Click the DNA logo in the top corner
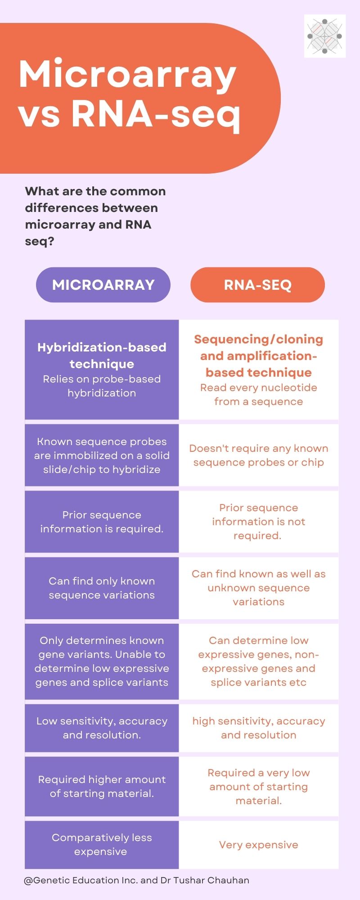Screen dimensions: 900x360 [324, 36]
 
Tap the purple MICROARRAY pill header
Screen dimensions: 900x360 [103, 285]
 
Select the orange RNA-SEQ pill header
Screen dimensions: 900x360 [257, 285]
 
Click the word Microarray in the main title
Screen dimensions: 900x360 [127, 74]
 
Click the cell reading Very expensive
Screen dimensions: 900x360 [258, 845]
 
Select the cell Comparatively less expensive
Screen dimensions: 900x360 [102, 844]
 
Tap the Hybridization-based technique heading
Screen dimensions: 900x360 [102, 355]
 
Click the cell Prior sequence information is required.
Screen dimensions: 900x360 [102, 522]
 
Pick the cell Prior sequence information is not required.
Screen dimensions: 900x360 [258, 522]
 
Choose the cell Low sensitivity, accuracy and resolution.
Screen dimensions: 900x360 [102, 728]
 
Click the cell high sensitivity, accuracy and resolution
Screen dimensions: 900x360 [258, 728]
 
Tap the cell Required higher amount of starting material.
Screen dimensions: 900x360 [102, 786]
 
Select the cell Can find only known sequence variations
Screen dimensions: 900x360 [102, 588]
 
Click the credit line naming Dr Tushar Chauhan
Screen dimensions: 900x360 [136, 880]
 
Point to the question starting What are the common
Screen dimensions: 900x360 [95, 216]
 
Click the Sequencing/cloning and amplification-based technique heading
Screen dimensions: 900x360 [258, 355]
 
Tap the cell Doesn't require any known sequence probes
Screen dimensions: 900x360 [258, 455]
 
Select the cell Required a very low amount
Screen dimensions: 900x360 [258, 786]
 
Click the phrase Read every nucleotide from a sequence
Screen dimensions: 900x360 [258, 394]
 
